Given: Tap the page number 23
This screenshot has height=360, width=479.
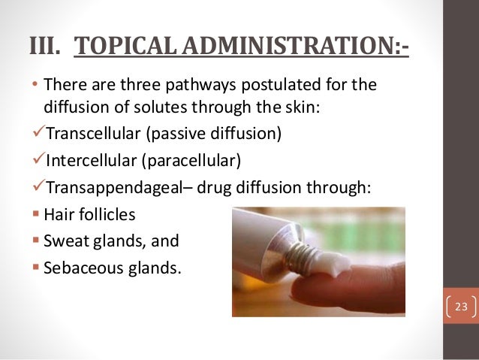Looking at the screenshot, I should pos(461,307).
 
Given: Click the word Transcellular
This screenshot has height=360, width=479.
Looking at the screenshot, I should pos(94,135).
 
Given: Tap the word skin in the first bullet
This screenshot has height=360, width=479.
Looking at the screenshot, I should pos(303,107).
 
